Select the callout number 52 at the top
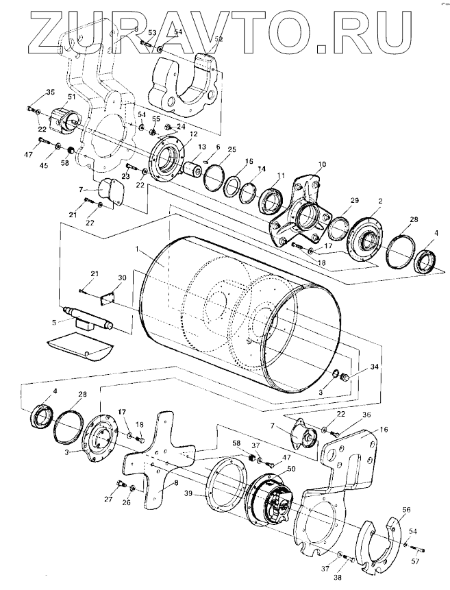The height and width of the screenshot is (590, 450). pos(219,40)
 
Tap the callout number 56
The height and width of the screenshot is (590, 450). pos(406,510)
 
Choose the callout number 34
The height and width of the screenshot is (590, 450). pos(375,367)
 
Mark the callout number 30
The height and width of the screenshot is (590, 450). pos(122,278)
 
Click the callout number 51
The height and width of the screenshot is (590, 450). pos(71,98)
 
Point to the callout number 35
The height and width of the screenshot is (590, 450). pos(50,92)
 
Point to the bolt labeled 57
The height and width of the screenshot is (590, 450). pos(420,548)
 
